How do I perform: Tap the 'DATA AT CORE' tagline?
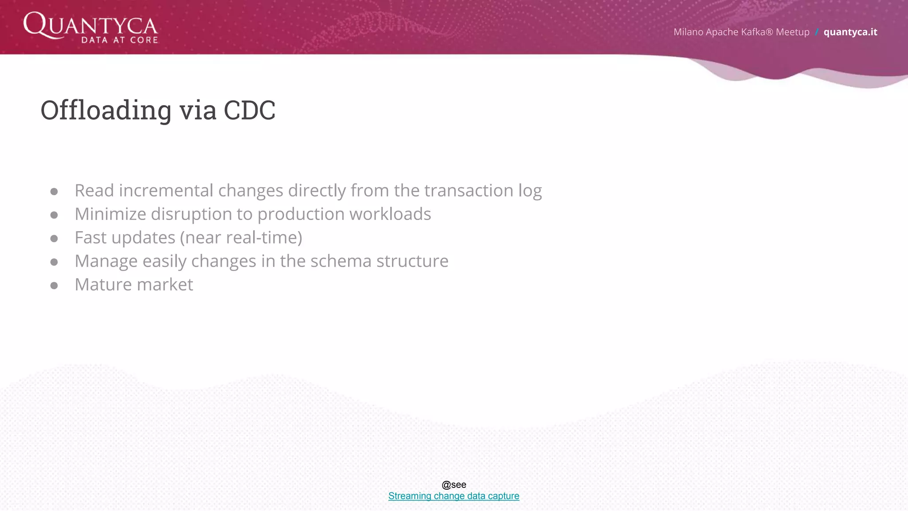click(x=120, y=40)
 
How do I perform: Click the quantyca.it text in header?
click(x=850, y=32)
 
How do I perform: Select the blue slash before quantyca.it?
click(x=816, y=32)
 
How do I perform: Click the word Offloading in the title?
click(x=106, y=110)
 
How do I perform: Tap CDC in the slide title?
click(x=249, y=110)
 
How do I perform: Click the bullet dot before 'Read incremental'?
click(x=54, y=192)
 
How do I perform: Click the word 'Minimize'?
click(x=110, y=214)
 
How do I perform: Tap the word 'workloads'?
click(x=390, y=214)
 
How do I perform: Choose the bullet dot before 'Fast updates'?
click(x=54, y=239)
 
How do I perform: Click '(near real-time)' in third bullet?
click(x=241, y=238)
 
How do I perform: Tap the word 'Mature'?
click(x=103, y=285)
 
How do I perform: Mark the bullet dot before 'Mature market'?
click(x=54, y=286)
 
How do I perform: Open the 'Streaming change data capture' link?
click(x=454, y=496)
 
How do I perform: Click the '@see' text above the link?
click(x=454, y=485)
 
